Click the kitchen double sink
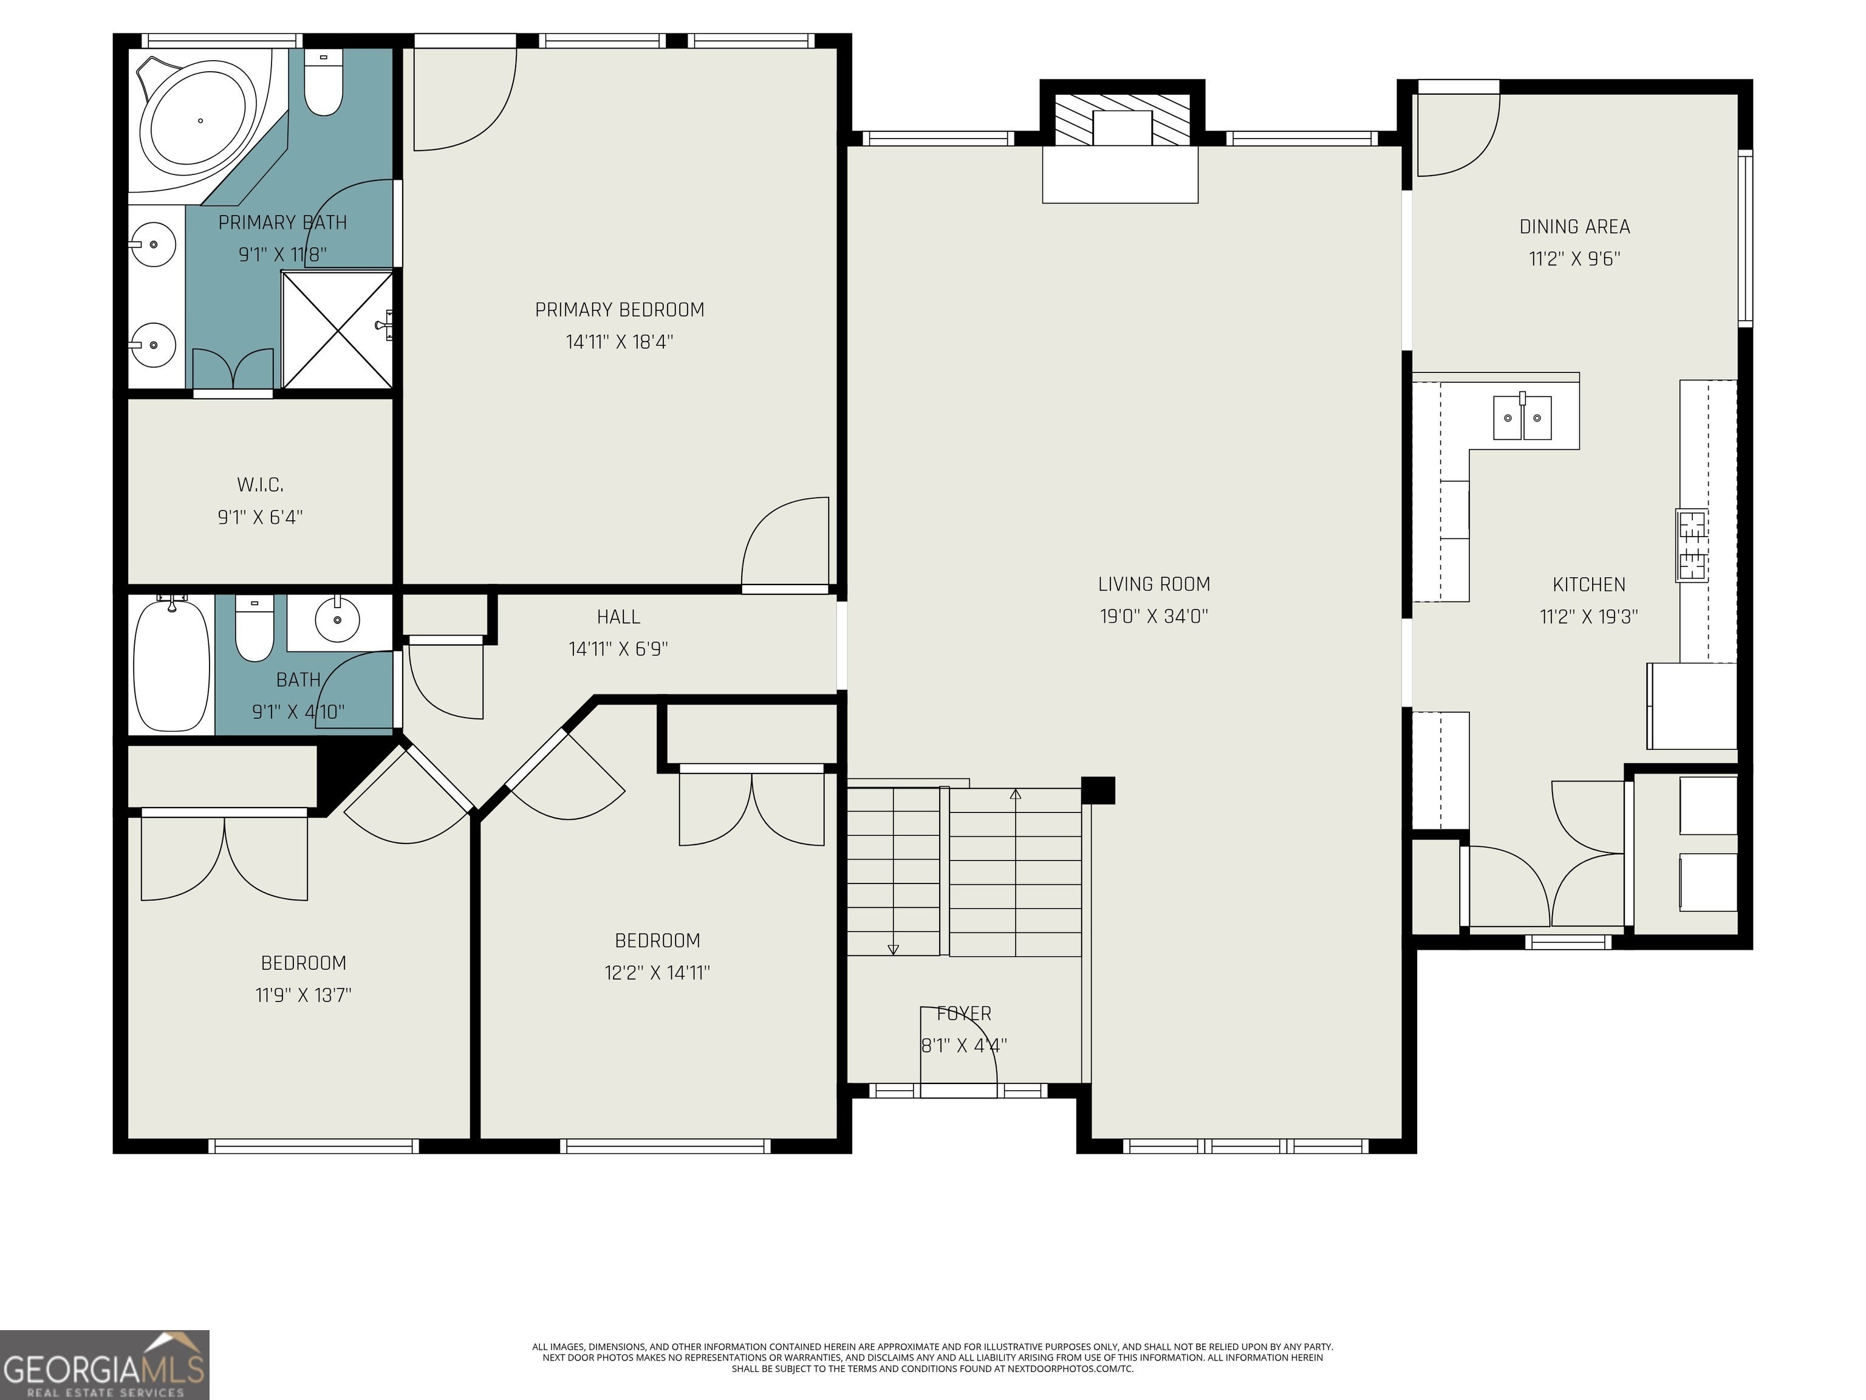1523,417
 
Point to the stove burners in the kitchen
1692,545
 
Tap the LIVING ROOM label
1154,584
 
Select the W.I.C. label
260,484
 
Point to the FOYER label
964,1014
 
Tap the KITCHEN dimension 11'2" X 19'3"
1588,617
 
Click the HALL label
618,617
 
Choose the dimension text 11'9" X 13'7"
303,995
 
